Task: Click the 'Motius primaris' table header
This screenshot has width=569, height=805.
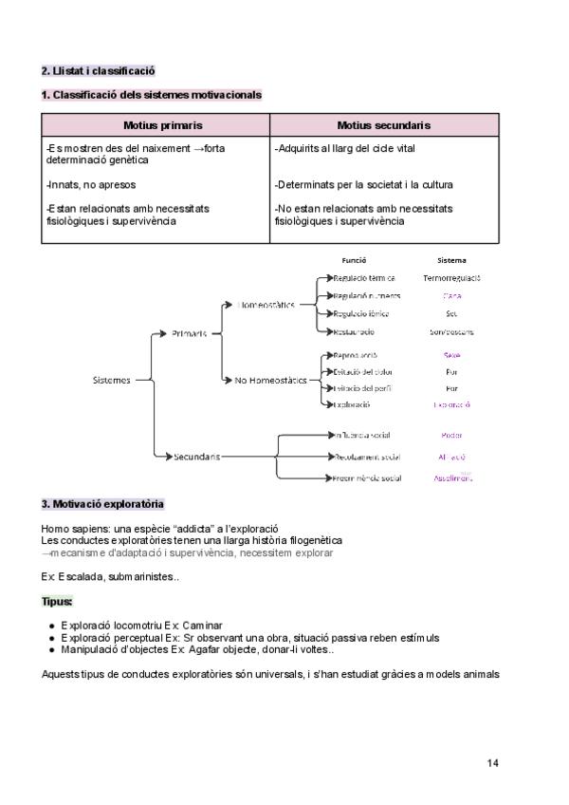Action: tap(156, 125)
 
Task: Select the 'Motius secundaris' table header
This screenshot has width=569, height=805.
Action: tap(384, 125)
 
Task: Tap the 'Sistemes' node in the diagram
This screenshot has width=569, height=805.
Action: tap(112, 380)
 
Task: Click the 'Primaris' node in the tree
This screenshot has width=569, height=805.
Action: tap(190, 333)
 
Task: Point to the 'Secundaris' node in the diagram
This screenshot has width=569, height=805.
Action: tap(196, 457)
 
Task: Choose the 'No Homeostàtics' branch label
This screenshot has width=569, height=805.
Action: tap(270, 380)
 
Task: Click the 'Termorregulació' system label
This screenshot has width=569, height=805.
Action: tap(452, 278)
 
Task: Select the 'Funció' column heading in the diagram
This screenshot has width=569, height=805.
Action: tap(354, 260)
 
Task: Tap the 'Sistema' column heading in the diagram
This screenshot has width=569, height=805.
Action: tap(451, 260)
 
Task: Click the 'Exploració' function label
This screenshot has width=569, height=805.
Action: tap(352, 405)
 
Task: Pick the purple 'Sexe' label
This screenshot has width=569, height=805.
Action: tap(452, 354)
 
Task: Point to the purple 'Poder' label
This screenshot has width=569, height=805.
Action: tap(452, 436)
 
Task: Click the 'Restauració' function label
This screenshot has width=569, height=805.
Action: tap(354, 332)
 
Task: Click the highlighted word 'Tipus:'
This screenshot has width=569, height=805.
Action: tap(57, 602)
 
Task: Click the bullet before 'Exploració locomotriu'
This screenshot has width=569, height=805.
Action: tap(50, 627)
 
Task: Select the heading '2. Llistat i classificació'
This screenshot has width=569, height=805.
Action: tap(99, 71)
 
